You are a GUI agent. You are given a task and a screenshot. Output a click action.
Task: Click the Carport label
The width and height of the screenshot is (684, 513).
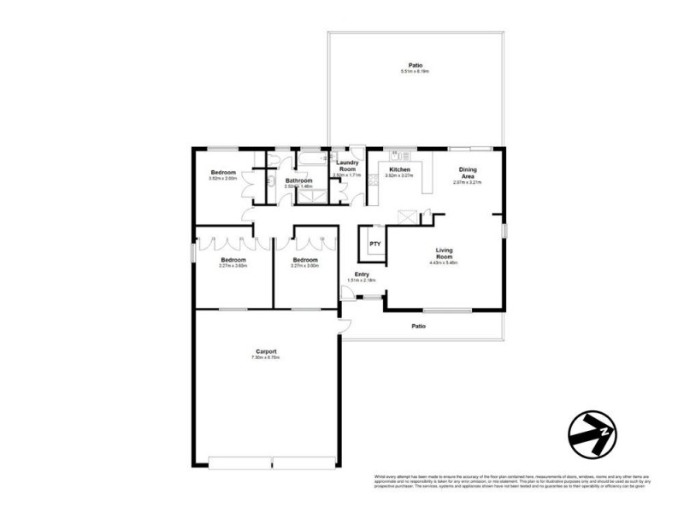(265, 351)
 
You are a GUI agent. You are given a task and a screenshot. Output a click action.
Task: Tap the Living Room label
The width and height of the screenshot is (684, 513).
(444, 253)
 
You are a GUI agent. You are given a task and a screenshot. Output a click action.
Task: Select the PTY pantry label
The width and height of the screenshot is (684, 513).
(374, 244)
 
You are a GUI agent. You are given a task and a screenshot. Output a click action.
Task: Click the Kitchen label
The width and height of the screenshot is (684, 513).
(399, 169)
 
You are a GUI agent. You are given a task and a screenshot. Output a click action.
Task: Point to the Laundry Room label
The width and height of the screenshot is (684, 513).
(347, 166)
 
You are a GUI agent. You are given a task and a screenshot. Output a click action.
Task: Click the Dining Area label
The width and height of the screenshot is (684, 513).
(468, 174)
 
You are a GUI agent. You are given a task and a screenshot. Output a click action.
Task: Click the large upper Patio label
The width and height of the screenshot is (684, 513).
(416, 65)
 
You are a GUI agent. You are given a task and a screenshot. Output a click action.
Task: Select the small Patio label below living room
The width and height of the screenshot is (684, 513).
(419, 326)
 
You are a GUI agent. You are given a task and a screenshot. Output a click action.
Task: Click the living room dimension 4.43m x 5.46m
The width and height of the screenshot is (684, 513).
(444, 263)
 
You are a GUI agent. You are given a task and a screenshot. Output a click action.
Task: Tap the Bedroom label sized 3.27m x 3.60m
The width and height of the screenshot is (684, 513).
(233, 260)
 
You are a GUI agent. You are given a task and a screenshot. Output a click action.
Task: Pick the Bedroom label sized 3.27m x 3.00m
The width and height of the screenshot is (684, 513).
(304, 260)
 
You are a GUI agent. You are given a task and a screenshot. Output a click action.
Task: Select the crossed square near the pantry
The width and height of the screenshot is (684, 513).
(409, 217)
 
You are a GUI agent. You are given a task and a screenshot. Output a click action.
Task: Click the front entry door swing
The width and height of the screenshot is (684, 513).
(347, 292)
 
